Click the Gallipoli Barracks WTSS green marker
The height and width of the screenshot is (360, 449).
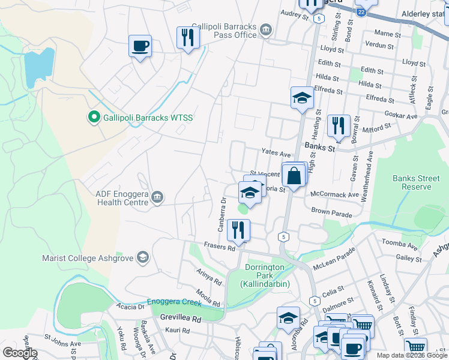[x=94, y=117]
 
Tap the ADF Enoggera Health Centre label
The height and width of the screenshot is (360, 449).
[x=122, y=198]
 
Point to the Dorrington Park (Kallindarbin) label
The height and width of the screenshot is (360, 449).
[x=268, y=275]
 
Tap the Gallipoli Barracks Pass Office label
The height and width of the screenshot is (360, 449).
[x=224, y=31]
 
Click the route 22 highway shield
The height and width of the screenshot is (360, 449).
[x=361, y=11]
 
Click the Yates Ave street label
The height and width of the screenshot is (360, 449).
[x=276, y=154]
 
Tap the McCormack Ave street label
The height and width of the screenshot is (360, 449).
[x=333, y=194]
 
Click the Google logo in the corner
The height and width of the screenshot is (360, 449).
[x=20, y=353]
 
